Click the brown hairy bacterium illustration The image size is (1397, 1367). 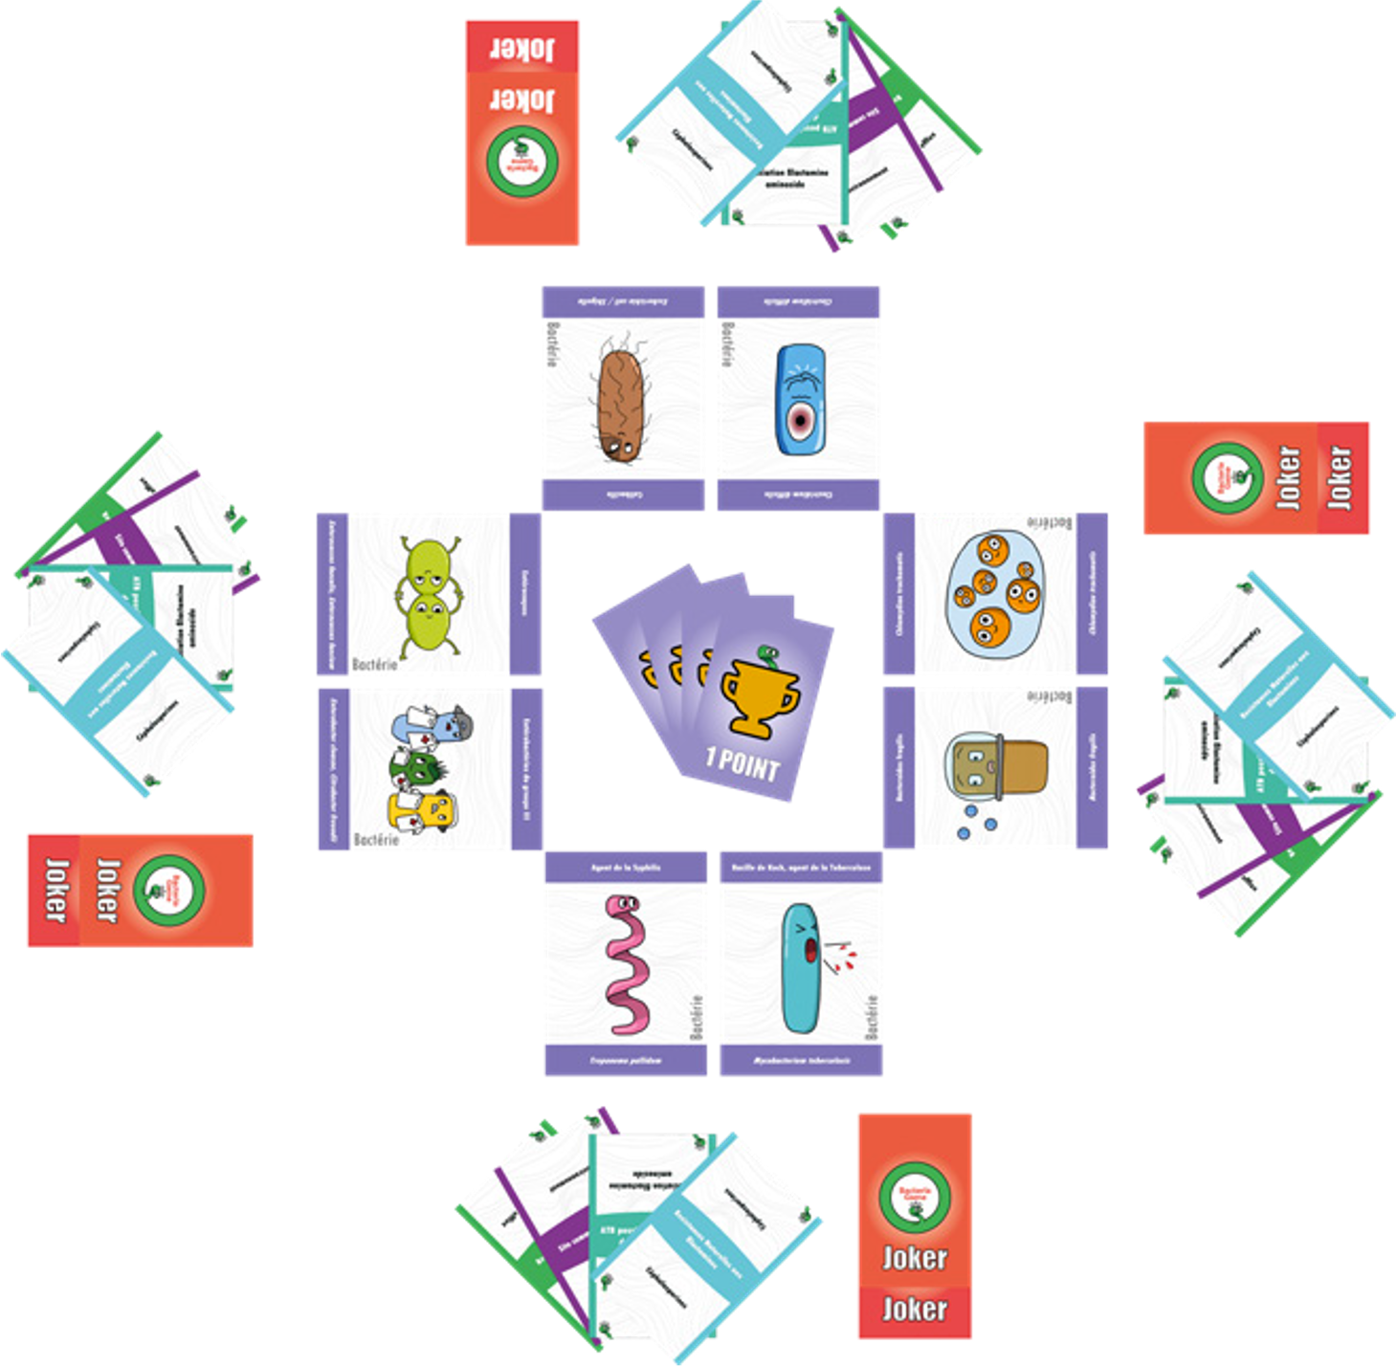point(622,403)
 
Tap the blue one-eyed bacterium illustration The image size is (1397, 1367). point(799,399)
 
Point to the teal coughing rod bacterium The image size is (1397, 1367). point(801,968)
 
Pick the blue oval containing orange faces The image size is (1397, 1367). point(995,594)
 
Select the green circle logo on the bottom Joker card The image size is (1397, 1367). point(915,1196)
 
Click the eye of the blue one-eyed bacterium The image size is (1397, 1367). point(799,420)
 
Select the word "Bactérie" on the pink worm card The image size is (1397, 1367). point(696,1017)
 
